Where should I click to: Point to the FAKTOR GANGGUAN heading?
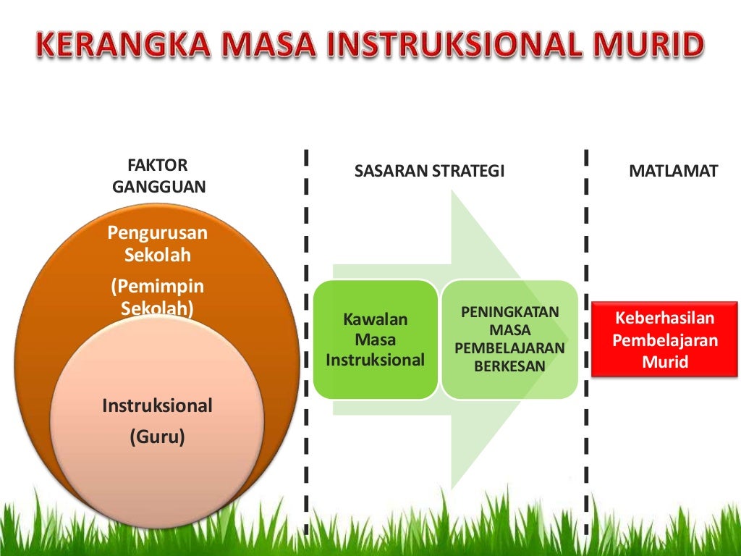click(158, 177)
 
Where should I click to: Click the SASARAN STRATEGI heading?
click(429, 172)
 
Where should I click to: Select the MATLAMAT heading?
click(673, 172)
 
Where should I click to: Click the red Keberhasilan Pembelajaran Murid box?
click(664, 340)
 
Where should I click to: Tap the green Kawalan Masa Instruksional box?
click(375, 340)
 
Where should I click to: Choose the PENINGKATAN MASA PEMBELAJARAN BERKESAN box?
click(509, 340)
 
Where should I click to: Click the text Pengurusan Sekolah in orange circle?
click(158, 244)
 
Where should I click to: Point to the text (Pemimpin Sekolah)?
click(158, 297)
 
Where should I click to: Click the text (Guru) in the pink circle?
click(158, 437)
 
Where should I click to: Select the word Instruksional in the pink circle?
click(158, 405)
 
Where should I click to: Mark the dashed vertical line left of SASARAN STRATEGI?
click(307, 326)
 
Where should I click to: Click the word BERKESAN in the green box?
click(509, 366)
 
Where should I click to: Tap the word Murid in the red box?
click(664, 361)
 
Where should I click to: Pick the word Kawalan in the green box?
click(375, 319)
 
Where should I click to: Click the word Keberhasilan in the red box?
click(664, 319)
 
